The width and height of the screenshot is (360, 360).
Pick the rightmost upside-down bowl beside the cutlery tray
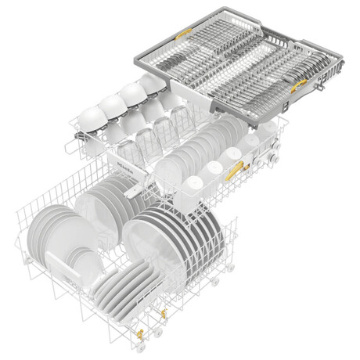click(x=153, y=82)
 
